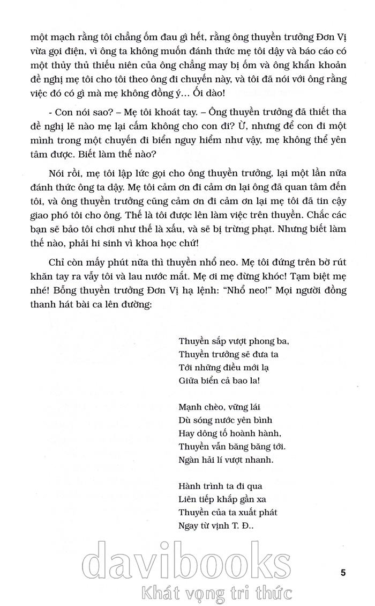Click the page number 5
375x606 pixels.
(x=343, y=572)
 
